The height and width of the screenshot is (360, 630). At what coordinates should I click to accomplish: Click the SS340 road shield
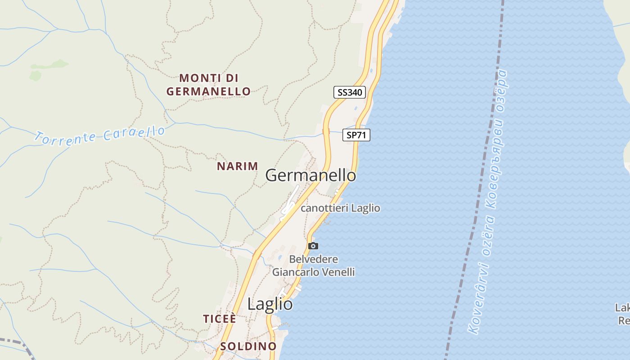pyautogui.click(x=349, y=92)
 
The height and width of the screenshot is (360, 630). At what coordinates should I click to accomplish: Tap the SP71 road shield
pyautogui.click(x=356, y=135)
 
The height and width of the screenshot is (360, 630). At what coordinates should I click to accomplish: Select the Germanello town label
pyautogui.click(x=310, y=175)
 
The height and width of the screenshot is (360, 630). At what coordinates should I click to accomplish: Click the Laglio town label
pyautogui.click(x=270, y=304)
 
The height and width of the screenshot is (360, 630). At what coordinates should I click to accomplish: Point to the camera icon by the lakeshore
pyautogui.click(x=313, y=246)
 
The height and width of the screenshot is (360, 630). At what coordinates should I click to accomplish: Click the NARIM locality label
pyautogui.click(x=238, y=166)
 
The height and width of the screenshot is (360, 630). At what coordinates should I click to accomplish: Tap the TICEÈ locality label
pyautogui.click(x=220, y=319)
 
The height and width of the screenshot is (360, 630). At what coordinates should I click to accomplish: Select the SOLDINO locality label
pyautogui.click(x=248, y=346)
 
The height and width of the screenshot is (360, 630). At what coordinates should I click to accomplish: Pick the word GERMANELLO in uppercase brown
pyautogui.click(x=209, y=91)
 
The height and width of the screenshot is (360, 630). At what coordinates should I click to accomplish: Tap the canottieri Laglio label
pyautogui.click(x=340, y=208)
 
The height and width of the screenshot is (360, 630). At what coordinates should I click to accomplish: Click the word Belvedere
pyautogui.click(x=314, y=260)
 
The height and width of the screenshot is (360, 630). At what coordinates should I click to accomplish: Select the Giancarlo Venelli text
pyautogui.click(x=314, y=272)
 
